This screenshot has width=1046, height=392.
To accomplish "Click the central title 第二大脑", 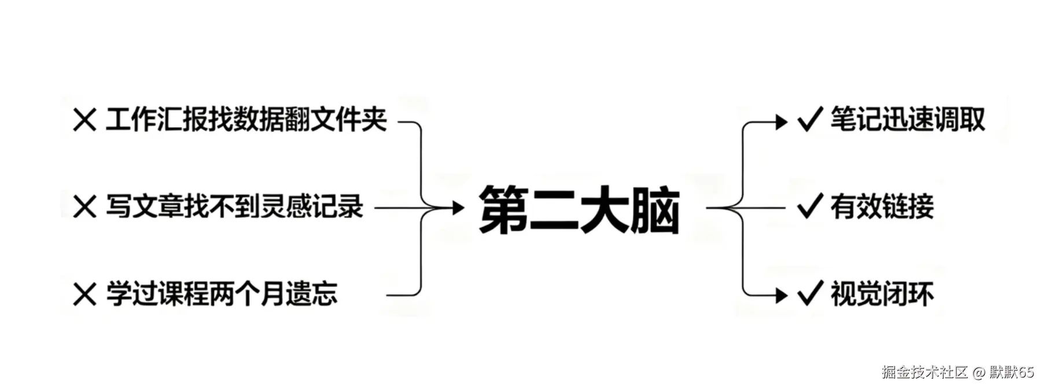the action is pyautogui.click(x=579, y=209).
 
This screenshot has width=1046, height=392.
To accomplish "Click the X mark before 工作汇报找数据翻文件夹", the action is pyautogui.click(x=85, y=121).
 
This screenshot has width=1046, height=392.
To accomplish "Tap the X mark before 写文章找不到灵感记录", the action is pyautogui.click(x=85, y=207).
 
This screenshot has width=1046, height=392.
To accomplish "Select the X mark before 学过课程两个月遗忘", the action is pyautogui.click(x=85, y=294).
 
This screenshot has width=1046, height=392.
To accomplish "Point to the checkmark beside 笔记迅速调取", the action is pyautogui.click(x=809, y=120).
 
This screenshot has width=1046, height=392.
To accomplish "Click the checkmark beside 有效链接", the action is pyautogui.click(x=809, y=206).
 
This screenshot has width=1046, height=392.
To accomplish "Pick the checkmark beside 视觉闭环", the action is pyautogui.click(x=809, y=293).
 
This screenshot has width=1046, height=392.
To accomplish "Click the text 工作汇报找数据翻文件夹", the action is pyautogui.click(x=246, y=120).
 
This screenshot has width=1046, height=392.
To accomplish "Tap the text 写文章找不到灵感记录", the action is pyautogui.click(x=234, y=207).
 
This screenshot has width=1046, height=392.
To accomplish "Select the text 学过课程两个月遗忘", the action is pyautogui.click(x=222, y=294).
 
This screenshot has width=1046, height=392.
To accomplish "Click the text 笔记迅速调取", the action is pyautogui.click(x=907, y=120).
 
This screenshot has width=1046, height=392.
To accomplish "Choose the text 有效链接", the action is pyautogui.click(x=882, y=206).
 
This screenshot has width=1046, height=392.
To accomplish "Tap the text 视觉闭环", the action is pyautogui.click(x=882, y=294).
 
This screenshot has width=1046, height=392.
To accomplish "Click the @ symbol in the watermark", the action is pyautogui.click(x=978, y=372).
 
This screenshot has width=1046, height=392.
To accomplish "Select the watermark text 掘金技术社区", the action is pyautogui.click(x=925, y=372).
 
